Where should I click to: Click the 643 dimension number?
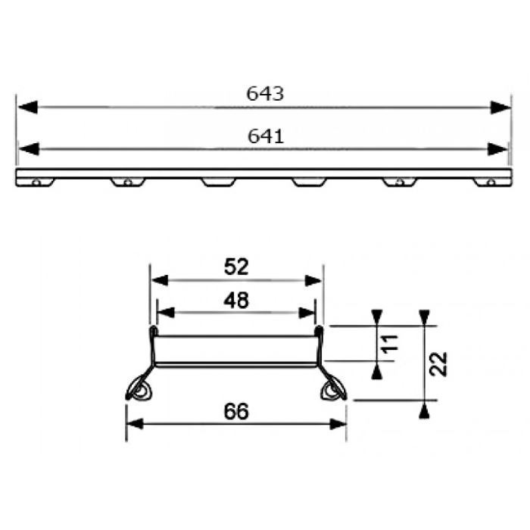click(x=265, y=94)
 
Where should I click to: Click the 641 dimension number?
click(x=266, y=136)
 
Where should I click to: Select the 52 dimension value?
click(x=236, y=267)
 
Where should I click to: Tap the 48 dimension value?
click(x=236, y=300)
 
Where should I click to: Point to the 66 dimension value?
click(x=236, y=411)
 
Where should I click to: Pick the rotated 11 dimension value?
click(x=390, y=344)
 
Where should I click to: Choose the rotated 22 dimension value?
click(x=438, y=364)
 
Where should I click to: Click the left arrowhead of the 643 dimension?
click(x=27, y=108)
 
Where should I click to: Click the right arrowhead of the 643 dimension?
click(x=500, y=108)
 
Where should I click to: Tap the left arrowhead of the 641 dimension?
click(x=29, y=149)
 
